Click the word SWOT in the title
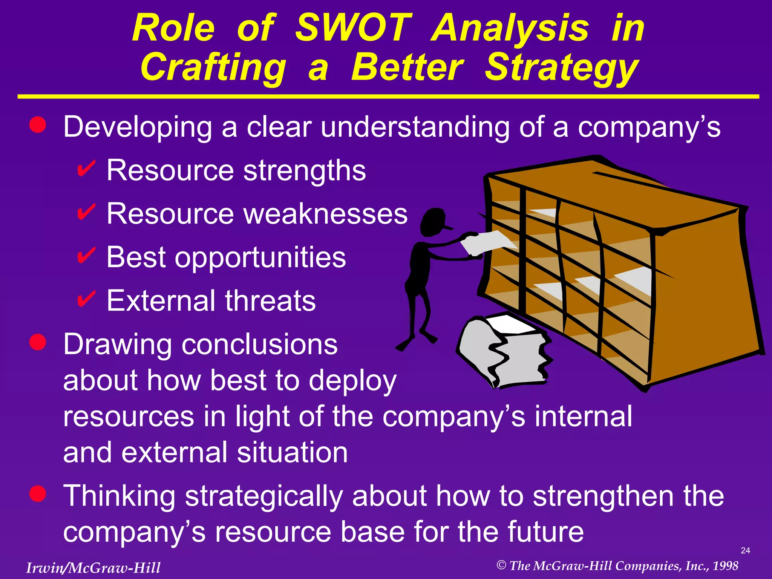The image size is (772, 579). coord(353,28)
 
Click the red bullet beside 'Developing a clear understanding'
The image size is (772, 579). coord(38,125)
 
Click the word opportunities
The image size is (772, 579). coord(260,258)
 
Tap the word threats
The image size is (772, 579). coord(270,301)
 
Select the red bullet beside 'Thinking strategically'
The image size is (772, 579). coord(38,494)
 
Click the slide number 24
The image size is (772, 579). coord(745,551)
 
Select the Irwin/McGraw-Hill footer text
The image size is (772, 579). coord(93,568)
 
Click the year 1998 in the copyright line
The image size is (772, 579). coord(725,566)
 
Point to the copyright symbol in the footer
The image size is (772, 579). coord(501,565)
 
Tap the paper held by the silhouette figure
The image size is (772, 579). coord(486,242)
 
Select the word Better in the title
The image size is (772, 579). coord(407,68)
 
